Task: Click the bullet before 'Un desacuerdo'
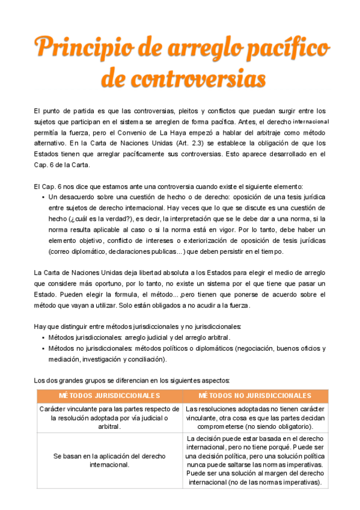pyautogui.click(x=43, y=197)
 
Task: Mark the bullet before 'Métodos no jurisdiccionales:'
pyautogui.click(x=43, y=349)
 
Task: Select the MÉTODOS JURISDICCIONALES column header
pyautogui.click(x=109, y=396)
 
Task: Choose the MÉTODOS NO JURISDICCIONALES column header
pyautogui.click(x=255, y=396)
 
